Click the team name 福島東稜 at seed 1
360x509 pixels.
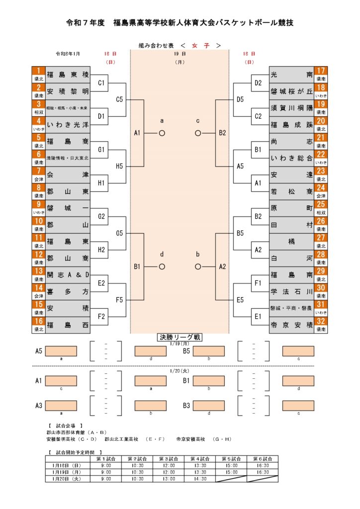[68, 75]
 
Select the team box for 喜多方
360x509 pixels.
[68, 291]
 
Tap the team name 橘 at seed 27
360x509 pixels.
[291, 241]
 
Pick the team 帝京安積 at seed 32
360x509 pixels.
[291, 325]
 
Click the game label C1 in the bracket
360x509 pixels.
[101, 83]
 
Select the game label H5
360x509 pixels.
[119, 167]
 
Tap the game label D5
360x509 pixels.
[240, 99]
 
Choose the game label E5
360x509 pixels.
[240, 300]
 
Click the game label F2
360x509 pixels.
[101, 317]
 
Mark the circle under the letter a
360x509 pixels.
[162, 133]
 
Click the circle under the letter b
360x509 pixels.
[198, 266]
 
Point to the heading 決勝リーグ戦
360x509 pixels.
[180, 338]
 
